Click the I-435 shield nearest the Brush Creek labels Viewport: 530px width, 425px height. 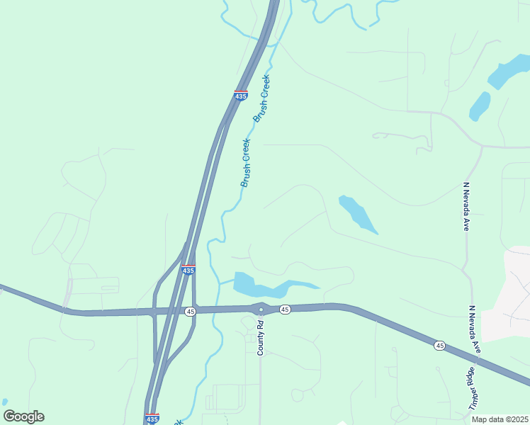(241, 95)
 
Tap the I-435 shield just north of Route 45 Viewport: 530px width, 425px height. (188, 270)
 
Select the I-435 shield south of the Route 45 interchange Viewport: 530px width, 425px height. (152, 419)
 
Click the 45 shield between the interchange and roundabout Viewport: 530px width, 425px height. (190, 311)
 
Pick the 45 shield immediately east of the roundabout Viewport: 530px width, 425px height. (284, 309)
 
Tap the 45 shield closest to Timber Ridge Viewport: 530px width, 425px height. (440, 345)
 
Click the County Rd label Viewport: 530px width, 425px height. (261, 338)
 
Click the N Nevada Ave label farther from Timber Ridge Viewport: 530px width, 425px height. (466, 206)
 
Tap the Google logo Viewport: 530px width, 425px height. (23, 416)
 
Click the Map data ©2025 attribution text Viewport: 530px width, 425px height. (500, 419)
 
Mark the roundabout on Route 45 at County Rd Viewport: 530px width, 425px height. (260, 309)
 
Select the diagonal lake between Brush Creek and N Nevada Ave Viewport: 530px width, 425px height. (357, 214)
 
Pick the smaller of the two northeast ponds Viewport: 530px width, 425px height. (480, 106)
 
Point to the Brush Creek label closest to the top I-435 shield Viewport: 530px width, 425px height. (261, 98)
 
